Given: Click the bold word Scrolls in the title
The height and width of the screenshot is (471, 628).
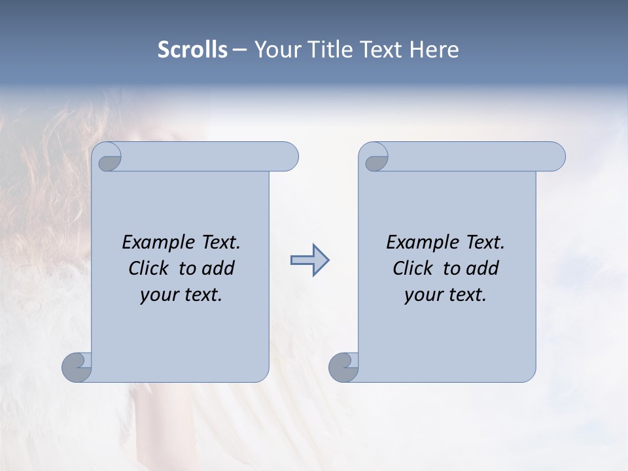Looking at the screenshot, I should tap(192, 50).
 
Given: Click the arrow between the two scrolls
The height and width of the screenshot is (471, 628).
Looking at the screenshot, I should tap(309, 260).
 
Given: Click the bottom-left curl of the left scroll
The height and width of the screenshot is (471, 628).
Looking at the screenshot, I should tap(77, 367).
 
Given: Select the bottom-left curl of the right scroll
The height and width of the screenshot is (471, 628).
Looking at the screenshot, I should tap(343, 367).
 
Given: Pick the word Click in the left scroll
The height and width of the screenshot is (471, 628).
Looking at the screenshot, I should tap(149, 268).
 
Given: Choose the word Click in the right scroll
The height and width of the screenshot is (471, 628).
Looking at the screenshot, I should tap(413, 268).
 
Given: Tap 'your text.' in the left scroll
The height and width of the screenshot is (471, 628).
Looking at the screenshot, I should tap(181, 295).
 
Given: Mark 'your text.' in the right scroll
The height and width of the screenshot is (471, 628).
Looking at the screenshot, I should tap(445, 295).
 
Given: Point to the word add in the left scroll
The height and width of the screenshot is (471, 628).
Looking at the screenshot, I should tap(218, 268).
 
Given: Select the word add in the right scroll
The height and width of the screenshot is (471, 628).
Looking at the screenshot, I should tap(483, 268).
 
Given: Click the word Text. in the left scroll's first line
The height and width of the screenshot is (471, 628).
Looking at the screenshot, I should tap(217, 243).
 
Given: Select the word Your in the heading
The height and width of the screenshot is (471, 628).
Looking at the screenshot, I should tap(275, 50).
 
